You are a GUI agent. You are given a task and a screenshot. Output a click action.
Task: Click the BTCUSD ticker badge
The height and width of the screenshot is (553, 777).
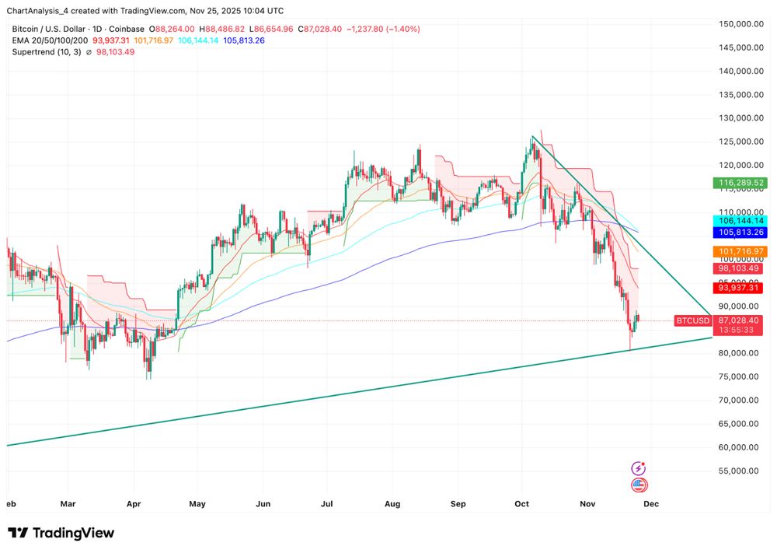(692, 320)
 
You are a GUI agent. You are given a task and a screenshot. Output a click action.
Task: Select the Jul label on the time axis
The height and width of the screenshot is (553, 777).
(329, 503)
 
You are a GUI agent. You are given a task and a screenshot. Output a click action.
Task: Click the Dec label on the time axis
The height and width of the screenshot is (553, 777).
(650, 503)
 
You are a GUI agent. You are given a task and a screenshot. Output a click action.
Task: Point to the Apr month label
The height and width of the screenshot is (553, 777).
(132, 503)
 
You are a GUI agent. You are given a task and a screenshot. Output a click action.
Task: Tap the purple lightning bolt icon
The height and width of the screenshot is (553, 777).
(639, 468)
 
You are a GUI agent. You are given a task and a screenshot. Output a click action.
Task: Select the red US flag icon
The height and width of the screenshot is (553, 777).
(639, 485)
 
